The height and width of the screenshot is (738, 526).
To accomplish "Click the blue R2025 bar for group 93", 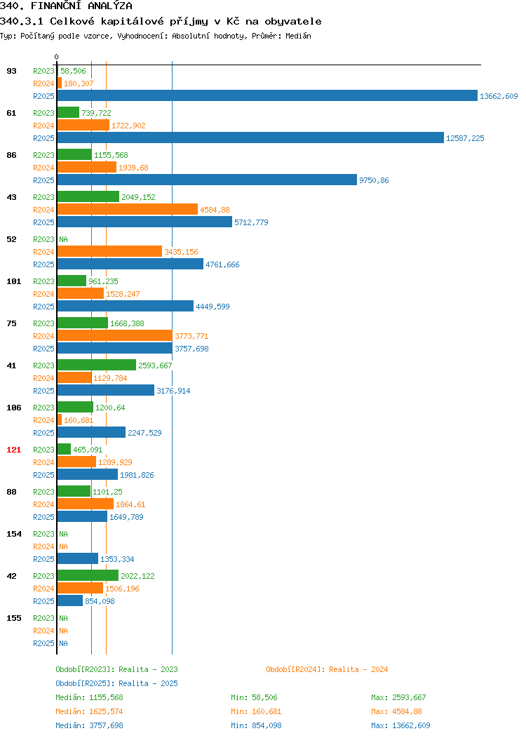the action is click(267, 95).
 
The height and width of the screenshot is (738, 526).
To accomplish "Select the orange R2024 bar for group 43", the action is click(128, 210).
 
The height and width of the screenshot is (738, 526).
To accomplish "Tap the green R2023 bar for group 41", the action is click(97, 365).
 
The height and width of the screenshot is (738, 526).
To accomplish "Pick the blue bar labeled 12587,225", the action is click(250, 138).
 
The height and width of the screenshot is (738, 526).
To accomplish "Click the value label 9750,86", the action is click(374, 180).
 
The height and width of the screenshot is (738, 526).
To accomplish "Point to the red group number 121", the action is click(13, 450).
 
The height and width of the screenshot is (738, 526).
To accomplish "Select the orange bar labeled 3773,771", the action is click(115, 335).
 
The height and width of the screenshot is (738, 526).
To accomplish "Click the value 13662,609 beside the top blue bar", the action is click(499, 96).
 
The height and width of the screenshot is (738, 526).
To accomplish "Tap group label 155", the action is click(13, 618).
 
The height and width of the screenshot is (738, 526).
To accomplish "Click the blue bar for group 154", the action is click(78, 558).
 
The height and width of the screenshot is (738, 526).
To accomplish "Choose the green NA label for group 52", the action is click(64, 239).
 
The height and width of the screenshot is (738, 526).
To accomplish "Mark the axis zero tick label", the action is click(57, 57).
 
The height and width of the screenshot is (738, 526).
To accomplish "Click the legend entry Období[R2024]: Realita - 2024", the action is click(327, 669).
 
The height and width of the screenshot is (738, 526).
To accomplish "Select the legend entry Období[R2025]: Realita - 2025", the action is click(116, 683).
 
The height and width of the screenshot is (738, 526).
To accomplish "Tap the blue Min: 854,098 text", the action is click(256, 726).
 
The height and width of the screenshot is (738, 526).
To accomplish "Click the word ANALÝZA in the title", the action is click(109, 6).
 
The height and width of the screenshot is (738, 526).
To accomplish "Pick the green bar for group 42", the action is click(88, 576).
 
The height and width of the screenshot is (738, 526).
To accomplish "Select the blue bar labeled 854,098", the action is click(70, 601).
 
